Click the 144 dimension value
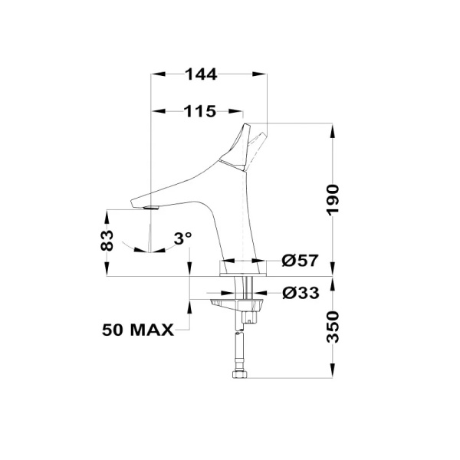click(202, 74)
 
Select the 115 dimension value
click(199, 111)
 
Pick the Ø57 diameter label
click(299, 261)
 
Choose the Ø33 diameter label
click(299, 293)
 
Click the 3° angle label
click(182, 238)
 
